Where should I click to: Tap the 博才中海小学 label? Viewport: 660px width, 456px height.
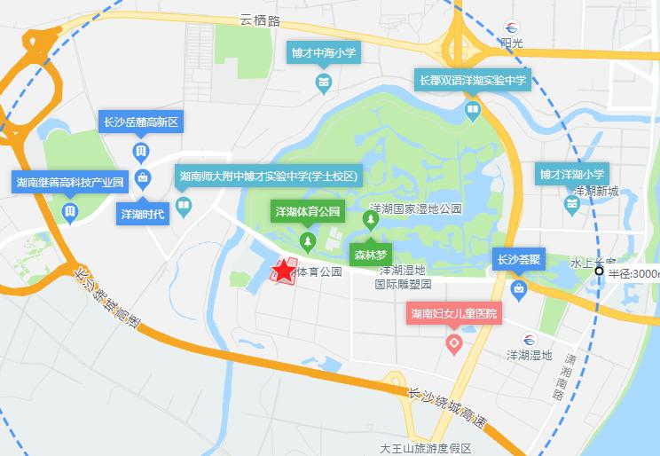pyautogui.click(x=324, y=53)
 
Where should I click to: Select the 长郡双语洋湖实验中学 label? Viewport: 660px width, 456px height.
pyautogui.click(x=473, y=81)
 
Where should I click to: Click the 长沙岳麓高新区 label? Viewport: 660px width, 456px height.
pyautogui.click(x=142, y=122)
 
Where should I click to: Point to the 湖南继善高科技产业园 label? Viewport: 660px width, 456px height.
pyautogui.click(x=68, y=182)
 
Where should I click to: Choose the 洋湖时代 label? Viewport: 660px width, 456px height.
pyautogui.click(x=143, y=214)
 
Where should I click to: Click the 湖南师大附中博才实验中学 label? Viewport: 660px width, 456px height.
pyautogui.click(x=268, y=177)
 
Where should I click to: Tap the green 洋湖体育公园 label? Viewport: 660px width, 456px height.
pyautogui.click(x=307, y=212)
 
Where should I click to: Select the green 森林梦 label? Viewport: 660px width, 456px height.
pyautogui.click(x=370, y=253)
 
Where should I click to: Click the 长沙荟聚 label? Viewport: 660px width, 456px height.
pyautogui.click(x=518, y=260)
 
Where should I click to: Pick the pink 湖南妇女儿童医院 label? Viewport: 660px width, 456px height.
pyautogui.click(x=453, y=314)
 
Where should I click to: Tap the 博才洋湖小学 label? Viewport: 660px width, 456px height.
pyautogui.click(x=571, y=174)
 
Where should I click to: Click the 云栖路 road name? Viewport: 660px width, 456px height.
pyautogui.click(x=260, y=19)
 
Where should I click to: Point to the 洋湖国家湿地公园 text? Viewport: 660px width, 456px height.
pyautogui.click(x=415, y=208)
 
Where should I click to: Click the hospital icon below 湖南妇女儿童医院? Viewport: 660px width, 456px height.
pyautogui.click(x=453, y=342)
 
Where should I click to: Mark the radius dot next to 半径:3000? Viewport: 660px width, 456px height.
pyautogui.click(x=600, y=271)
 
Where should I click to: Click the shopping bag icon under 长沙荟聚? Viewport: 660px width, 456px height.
pyautogui.click(x=518, y=288)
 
